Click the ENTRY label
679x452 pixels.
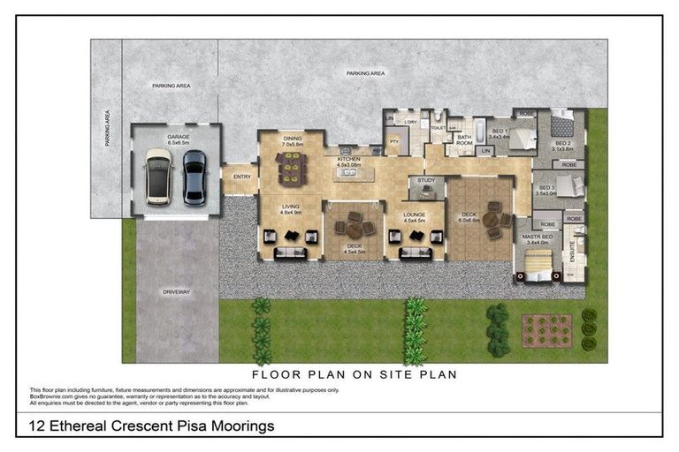click(241, 177)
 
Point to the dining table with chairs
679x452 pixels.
click(290, 165)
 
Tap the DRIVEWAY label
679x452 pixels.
click(177, 291)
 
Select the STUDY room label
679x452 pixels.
click(426, 181)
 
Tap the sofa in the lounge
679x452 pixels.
click(414, 253)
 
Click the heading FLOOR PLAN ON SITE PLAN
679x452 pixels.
click(355, 373)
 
